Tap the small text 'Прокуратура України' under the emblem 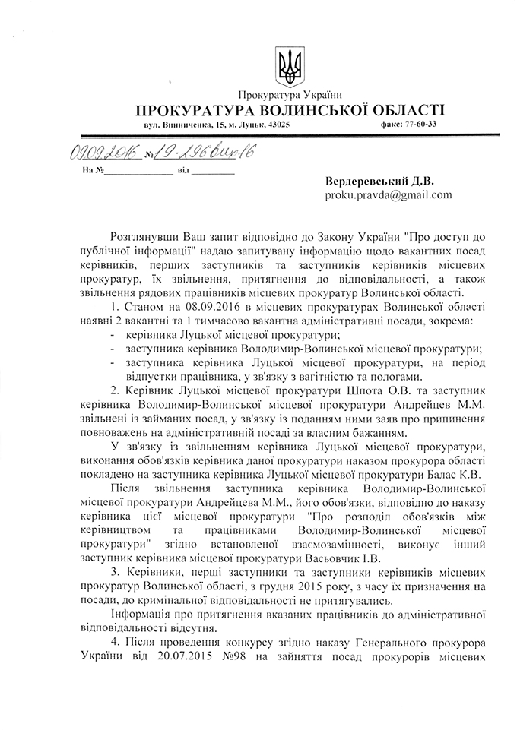[290, 94]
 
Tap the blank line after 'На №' [138, 172]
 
